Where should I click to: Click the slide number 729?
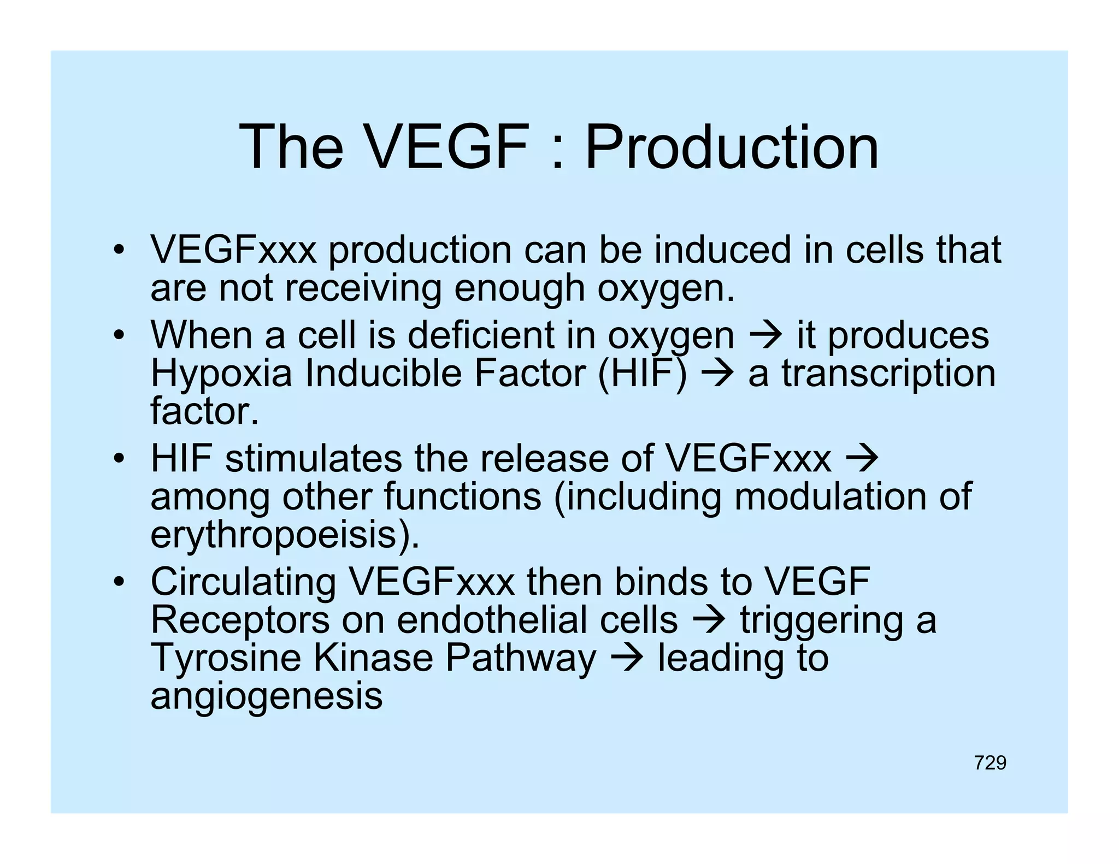click(990, 762)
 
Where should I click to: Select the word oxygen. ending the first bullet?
click(666, 289)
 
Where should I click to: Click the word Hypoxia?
click(221, 374)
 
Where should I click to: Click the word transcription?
click(888, 374)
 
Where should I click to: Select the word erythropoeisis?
click(285, 535)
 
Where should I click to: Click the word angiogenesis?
click(266, 696)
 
